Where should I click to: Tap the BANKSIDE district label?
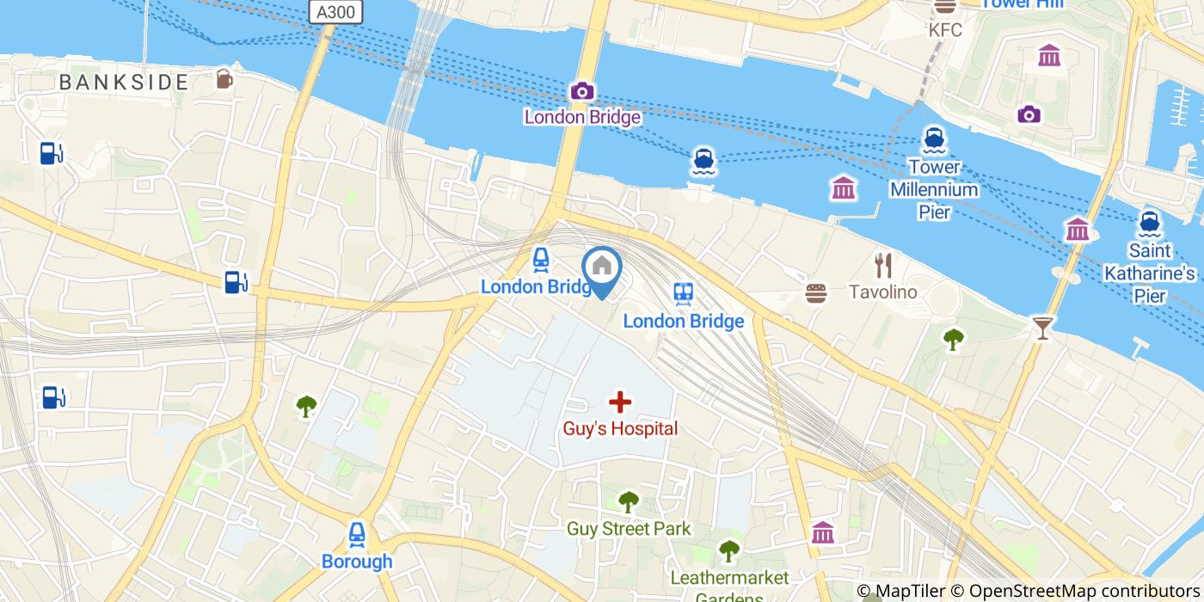click(x=124, y=83)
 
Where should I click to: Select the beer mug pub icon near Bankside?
click(x=224, y=78)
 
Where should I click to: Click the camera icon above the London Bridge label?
click(x=582, y=91)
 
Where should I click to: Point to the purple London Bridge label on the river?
click(x=582, y=117)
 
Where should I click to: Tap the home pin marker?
click(x=602, y=268)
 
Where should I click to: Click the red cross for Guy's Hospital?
click(x=619, y=402)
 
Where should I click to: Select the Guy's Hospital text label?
click(x=620, y=428)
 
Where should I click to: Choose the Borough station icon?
click(x=357, y=535)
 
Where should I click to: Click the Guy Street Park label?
click(x=629, y=529)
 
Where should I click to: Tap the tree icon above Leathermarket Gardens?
click(x=729, y=549)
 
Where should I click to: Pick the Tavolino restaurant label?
click(x=882, y=292)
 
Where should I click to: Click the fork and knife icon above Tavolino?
click(x=882, y=266)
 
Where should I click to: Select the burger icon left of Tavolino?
click(x=816, y=293)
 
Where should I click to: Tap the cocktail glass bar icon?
click(x=1042, y=327)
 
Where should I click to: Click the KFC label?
click(x=944, y=30)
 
